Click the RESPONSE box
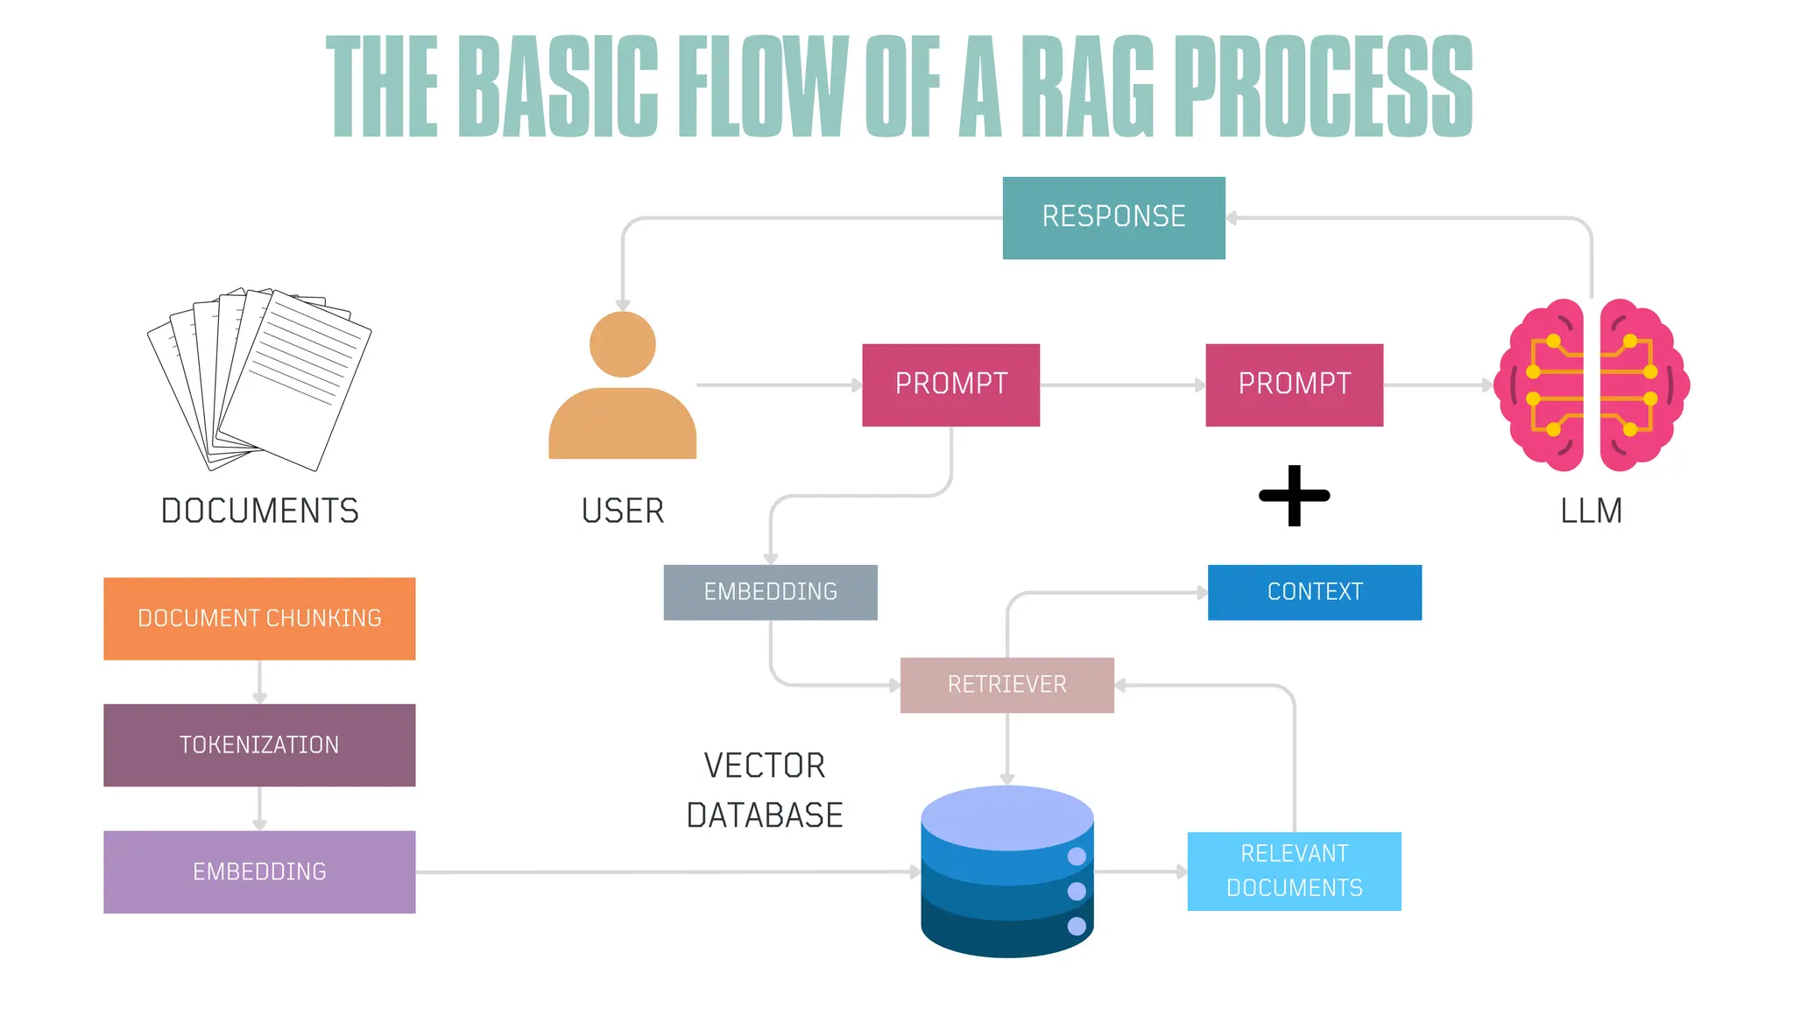click(1113, 217)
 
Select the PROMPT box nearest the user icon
click(950, 385)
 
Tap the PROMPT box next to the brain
click(1294, 385)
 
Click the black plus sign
click(1294, 496)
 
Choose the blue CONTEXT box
click(1314, 592)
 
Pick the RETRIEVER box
click(1006, 685)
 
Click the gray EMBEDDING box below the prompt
click(770, 592)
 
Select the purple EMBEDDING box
click(259, 871)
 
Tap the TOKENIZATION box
click(259, 744)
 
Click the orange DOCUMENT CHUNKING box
click(259, 618)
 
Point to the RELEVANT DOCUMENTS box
click(1294, 871)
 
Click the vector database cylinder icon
click(1006, 871)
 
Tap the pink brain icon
click(1591, 385)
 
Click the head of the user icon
click(622, 344)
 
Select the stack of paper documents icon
click(260, 378)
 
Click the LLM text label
click(1591, 511)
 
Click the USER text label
click(622, 511)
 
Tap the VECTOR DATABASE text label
click(764, 790)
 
